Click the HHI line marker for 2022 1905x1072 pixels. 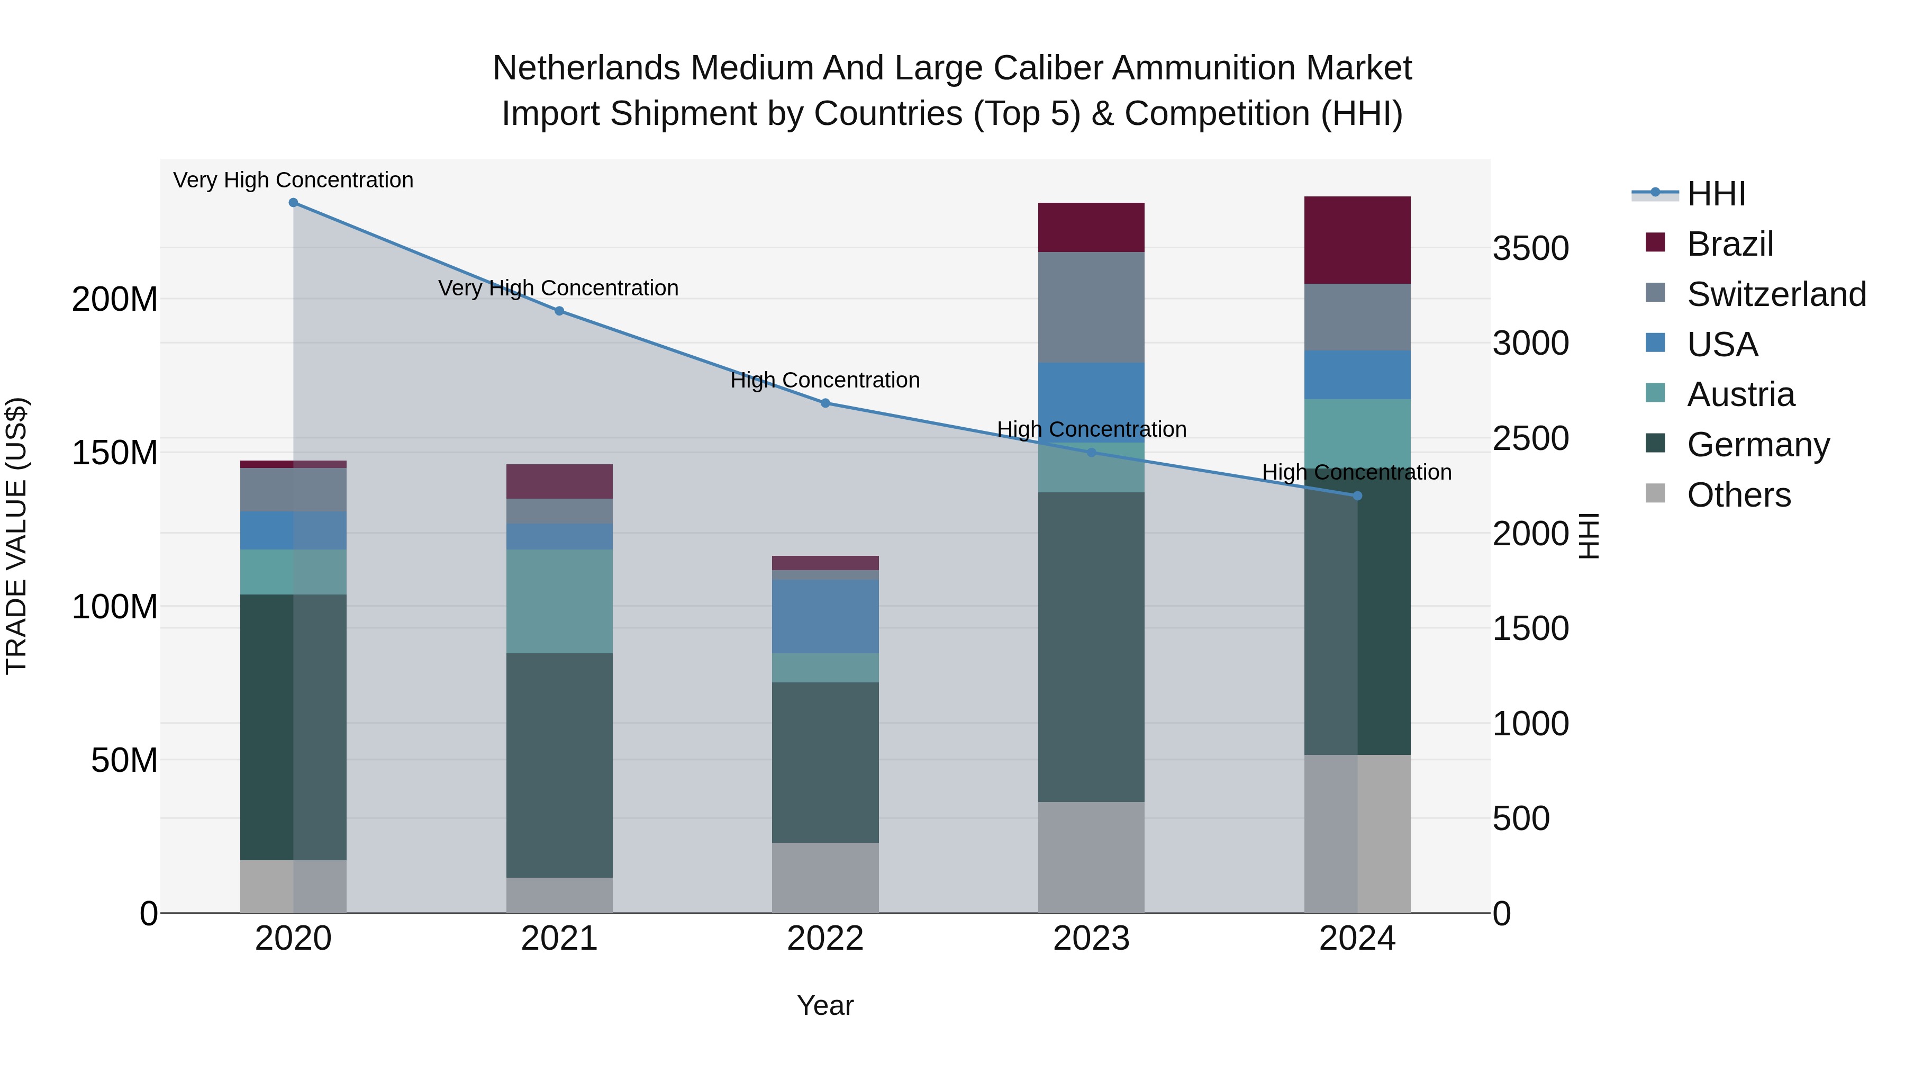(825, 403)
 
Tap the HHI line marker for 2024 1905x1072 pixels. (1357, 496)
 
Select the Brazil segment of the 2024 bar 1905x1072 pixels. (1357, 240)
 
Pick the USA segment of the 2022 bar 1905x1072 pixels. (825, 616)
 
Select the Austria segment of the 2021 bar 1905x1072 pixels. (559, 601)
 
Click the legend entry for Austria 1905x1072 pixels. (1740, 394)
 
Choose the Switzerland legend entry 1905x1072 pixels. (1775, 294)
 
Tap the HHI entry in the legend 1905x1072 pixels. (1716, 194)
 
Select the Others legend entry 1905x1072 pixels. (1738, 495)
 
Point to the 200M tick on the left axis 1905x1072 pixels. (115, 300)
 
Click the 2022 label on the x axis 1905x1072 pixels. (825, 939)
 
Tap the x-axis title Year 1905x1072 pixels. (825, 1005)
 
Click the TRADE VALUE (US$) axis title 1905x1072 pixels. (16, 536)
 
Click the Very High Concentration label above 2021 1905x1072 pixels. (558, 288)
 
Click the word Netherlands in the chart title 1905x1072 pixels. (586, 68)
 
